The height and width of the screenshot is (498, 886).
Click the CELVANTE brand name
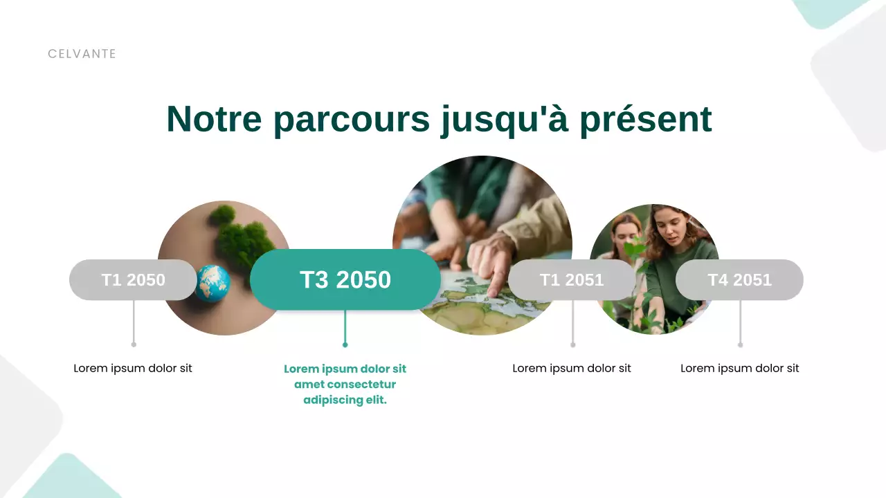tap(82, 54)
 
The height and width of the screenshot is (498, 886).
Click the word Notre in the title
tap(214, 119)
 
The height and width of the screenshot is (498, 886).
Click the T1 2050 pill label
tap(133, 280)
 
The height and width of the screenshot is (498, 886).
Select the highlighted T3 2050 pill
tap(345, 279)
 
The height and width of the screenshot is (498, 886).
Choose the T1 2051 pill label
tap(572, 280)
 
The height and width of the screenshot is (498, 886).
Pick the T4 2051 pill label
tap(739, 280)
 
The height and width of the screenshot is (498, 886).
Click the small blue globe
tap(213, 284)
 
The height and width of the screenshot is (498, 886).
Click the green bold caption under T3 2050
tap(345, 385)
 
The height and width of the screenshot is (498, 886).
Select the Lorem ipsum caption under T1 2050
tap(133, 369)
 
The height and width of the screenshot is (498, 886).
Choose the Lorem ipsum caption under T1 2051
tap(572, 369)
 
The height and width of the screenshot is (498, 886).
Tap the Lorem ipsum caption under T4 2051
tap(739, 369)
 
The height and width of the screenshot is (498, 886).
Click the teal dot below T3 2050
tap(345, 344)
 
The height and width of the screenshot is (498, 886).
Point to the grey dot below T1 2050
tap(134, 344)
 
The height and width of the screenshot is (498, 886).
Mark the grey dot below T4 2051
tap(740, 344)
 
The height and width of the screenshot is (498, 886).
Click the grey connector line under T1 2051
tap(572, 322)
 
